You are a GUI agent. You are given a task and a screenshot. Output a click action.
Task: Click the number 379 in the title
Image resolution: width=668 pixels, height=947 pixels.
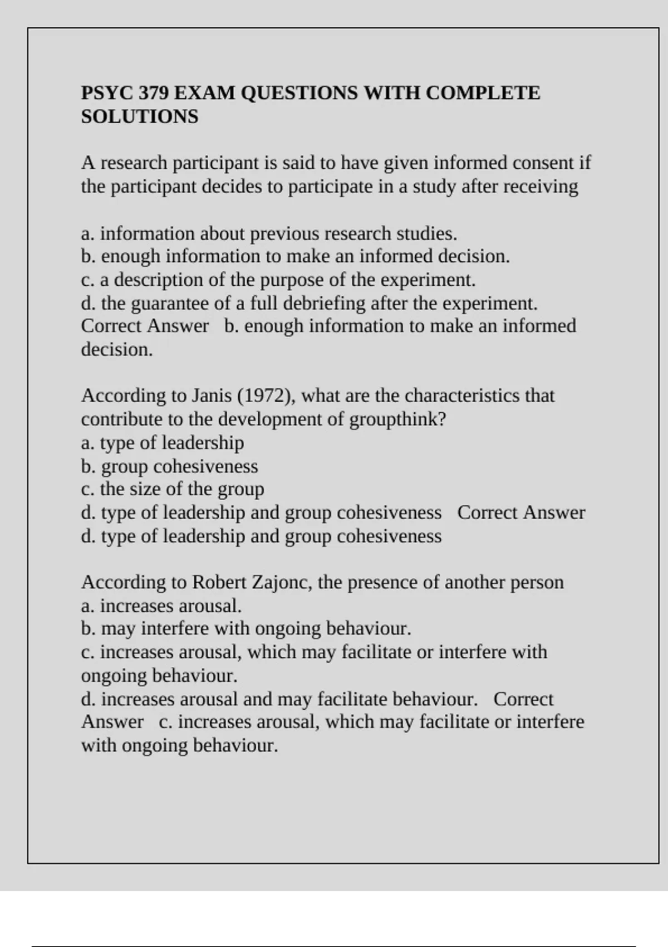(154, 92)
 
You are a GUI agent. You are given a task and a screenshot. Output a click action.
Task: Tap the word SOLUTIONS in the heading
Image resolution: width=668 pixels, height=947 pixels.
(140, 116)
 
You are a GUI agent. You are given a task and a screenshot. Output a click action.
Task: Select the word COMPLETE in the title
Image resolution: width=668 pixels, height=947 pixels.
(483, 92)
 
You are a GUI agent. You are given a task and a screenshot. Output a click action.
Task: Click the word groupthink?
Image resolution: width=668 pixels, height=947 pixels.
(398, 419)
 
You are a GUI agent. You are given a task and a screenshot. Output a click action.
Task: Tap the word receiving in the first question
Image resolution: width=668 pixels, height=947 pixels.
(541, 186)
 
